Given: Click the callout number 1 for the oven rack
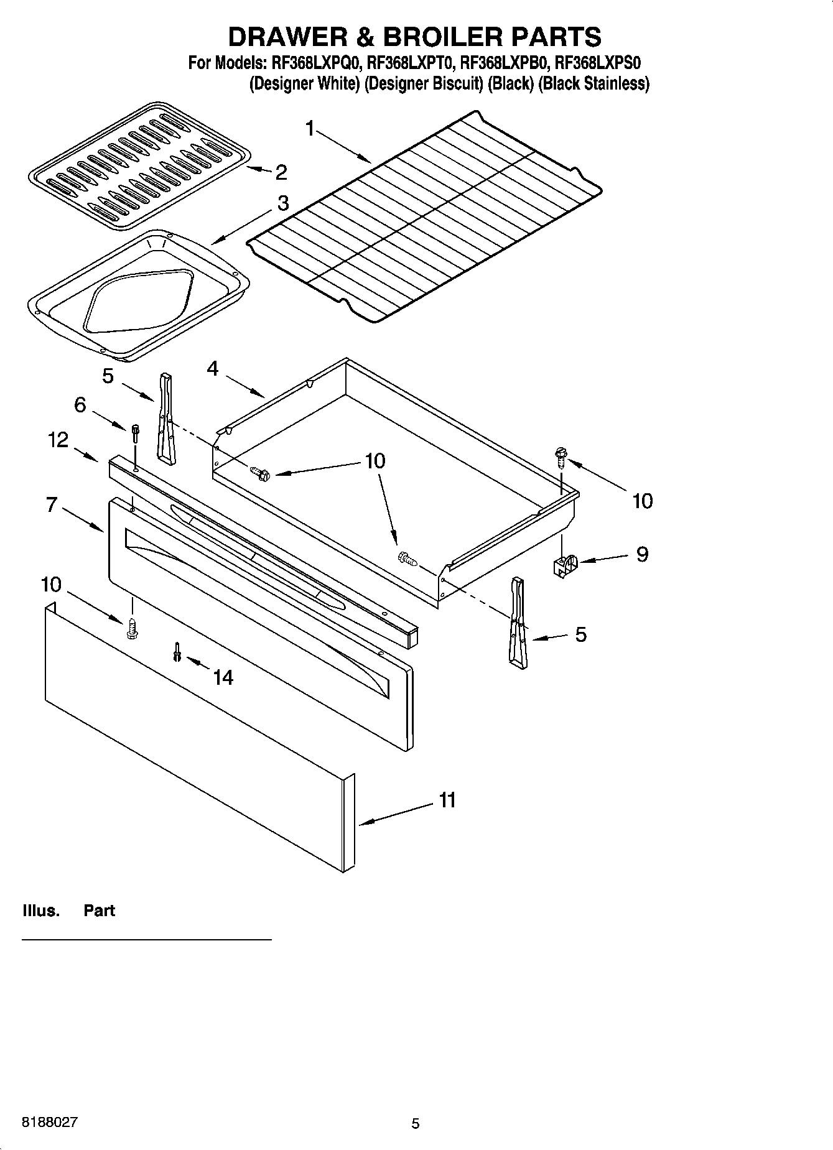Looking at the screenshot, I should [310, 129].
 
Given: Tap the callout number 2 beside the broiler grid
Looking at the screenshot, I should [281, 172].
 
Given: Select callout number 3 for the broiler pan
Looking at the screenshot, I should [283, 203].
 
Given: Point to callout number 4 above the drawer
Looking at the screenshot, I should [213, 369].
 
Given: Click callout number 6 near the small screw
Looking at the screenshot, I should [80, 405].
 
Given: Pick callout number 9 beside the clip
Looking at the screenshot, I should [642, 554].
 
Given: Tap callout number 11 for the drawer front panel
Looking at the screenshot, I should [447, 800].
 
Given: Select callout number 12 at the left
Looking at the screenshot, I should [58, 440].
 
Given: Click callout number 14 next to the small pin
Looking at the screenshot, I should [223, 677].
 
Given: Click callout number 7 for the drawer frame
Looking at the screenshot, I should [52, 504].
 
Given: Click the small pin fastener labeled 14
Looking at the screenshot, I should [177, 651].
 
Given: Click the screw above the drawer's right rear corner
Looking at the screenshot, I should [561, 458].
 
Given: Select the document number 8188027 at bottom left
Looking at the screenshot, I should [50, 1123].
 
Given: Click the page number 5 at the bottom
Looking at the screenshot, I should [416, 1123].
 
